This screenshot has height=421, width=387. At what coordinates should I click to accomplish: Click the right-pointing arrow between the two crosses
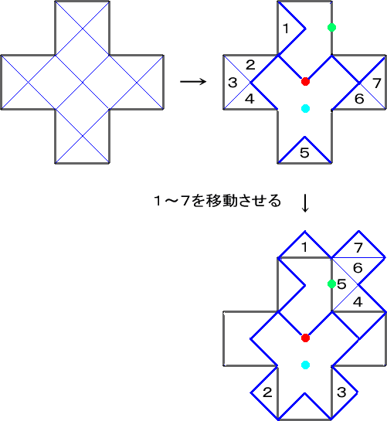pos(193,81)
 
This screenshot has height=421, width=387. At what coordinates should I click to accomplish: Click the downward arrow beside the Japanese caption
pos(305,203)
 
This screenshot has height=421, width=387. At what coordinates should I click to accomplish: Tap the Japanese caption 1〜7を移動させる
pos(218,201)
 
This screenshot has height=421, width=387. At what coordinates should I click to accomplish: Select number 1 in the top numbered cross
pos(286,28)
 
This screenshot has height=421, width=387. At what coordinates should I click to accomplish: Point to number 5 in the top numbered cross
pos(304,153)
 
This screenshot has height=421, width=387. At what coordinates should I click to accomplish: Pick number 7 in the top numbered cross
pos(377,83)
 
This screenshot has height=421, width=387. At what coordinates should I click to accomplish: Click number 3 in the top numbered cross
pos(233,83)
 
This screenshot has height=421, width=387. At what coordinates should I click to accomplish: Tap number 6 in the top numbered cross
pos(359,99)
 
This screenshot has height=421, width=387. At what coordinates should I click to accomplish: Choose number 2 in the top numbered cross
pos(250,65)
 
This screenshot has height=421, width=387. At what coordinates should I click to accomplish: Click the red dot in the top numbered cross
pos(305,81)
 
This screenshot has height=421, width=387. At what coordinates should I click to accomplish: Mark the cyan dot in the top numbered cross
pos(305,108)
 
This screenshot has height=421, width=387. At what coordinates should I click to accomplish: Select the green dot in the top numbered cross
pos(331,27)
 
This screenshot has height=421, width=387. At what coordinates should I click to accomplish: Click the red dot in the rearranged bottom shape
pos(305,338)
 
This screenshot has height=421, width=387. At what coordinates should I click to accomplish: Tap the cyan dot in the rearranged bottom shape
pos(305,365)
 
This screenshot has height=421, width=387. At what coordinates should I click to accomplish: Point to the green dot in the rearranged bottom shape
pos(331,283)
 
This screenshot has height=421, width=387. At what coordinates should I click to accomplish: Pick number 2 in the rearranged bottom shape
pos(267,392)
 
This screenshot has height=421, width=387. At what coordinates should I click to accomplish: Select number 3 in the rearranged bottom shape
pos(341,392)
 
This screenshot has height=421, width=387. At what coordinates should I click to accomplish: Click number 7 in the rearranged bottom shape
pos(358,247)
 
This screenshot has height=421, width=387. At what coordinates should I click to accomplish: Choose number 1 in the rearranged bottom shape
pos(304,247)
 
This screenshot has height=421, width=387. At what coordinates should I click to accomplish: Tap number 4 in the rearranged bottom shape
pos(358,302)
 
